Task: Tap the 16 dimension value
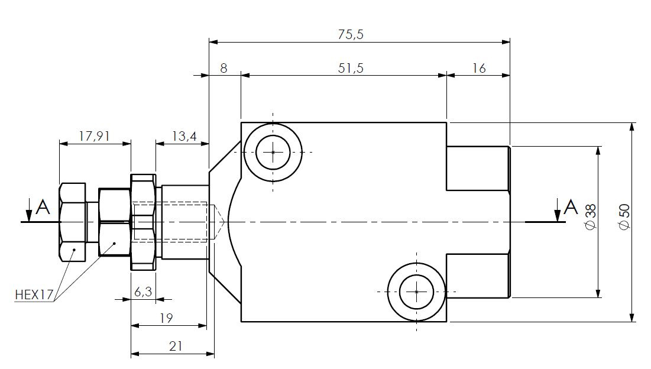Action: coord(479,68)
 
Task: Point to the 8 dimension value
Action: coord(224,68)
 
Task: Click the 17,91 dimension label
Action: coord(95,136)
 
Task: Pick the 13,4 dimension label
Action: coord(183,136)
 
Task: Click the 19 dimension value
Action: coord(166,318)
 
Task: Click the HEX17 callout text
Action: coord(34,294)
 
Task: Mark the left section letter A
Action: coord(43,207)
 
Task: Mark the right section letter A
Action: coord(570,207)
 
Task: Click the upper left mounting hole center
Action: coord(273,152)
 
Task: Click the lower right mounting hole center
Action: coord(416,292)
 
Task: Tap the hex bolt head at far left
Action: coord(73,222)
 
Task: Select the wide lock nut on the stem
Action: coord(142,222)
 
